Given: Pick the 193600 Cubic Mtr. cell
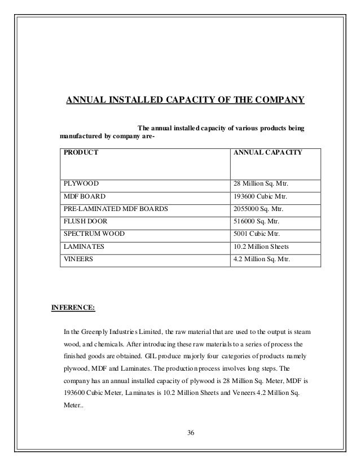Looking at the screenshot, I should click(x=260, y=196).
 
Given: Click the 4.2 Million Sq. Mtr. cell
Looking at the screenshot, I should click(x=262, y=260).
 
